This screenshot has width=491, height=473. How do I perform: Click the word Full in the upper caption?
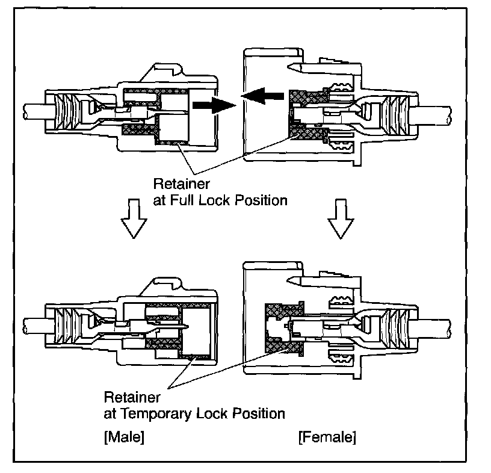pos(194,200)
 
